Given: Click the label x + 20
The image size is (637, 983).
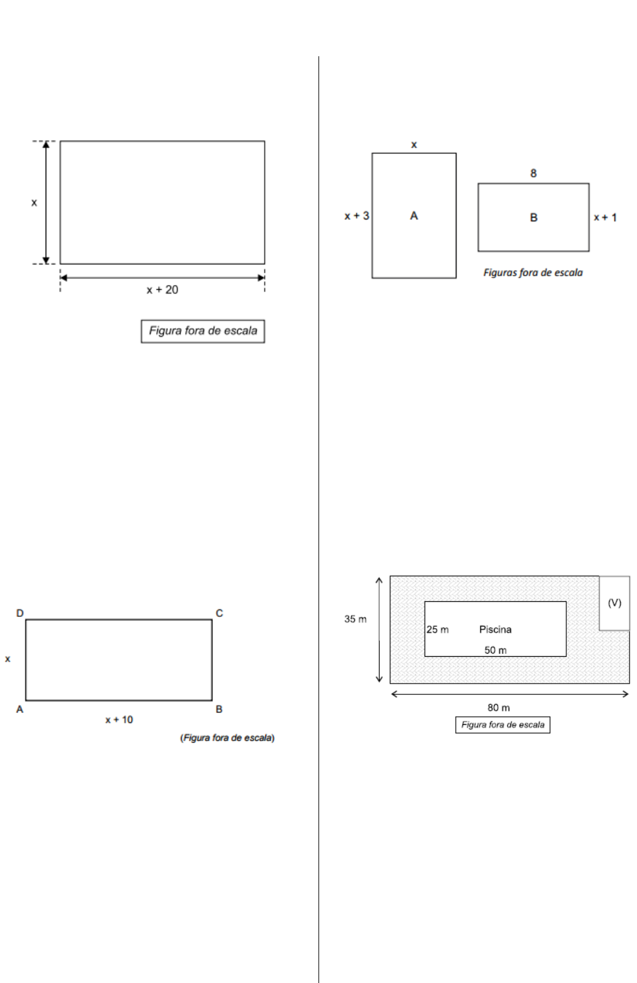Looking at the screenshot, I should (162, 290).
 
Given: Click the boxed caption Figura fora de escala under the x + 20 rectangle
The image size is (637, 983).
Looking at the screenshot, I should (203, 331).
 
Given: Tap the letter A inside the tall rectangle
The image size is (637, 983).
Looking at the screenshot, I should (413, 216).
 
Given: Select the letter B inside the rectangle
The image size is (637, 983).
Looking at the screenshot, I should (533, 217).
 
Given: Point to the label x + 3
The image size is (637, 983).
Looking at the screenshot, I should (357, 216).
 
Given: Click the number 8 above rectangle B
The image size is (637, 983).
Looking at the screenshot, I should (533, 173).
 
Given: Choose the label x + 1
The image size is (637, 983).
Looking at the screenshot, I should (605, 217).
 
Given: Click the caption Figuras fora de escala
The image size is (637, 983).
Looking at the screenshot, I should (533, 272).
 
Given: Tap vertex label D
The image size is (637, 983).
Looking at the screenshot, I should (20, 613).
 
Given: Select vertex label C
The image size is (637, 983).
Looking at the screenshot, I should (219, 613).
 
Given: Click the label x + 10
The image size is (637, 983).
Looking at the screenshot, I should (119, 720).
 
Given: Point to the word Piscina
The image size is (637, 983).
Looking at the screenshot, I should (495, 629).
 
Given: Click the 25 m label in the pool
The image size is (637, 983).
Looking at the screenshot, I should (438, 629).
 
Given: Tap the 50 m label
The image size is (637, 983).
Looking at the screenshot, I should (495, 650).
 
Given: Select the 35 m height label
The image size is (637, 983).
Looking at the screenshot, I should (355, 619).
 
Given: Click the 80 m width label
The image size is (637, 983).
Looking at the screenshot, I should (498, 707).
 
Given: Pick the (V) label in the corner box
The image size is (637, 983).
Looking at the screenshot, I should (615, 602).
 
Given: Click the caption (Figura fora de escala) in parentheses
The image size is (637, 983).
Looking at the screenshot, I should (227, 738).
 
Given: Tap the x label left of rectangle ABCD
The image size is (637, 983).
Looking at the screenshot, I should (7, 659).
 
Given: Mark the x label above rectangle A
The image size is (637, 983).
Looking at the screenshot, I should (413, 145).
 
